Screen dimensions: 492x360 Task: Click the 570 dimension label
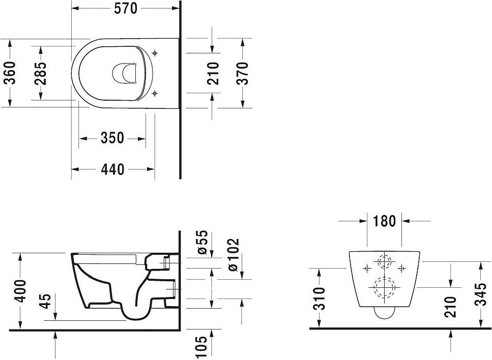tap(126, 9)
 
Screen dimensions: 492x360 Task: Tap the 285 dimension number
tap(41, 73)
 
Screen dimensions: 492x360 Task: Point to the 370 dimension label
tap(242, 73)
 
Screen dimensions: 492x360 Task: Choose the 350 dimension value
tap(112, 138)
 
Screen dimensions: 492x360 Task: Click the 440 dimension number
tap(112, 169)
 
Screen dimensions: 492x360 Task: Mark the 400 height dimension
tap(21, 291)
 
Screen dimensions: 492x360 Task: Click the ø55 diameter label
tap(202, 242)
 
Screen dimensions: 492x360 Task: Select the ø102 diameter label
tap(233, 255)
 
